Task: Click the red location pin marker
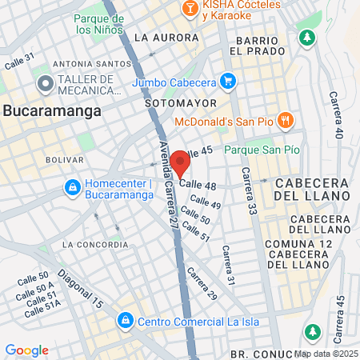[x=180, y=162]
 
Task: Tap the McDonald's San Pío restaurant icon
[x=287, y=120]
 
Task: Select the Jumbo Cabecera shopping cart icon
[x=228, y=80]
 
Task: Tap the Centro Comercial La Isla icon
[x=125, y=322]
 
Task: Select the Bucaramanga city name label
[x=52, y=111]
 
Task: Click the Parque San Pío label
[x=262, y=150]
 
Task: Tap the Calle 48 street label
[x=198, y=185]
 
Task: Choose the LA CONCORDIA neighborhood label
[x=94, y=244]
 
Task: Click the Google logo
[x=26, y=350]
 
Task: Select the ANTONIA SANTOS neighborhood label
[x=90, y=64]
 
